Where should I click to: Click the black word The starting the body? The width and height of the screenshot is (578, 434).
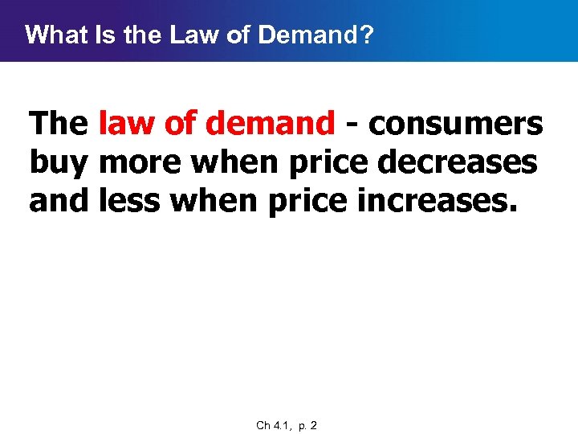click(x=59, y=125)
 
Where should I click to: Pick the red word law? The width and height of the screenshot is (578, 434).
click(x=124, y=125)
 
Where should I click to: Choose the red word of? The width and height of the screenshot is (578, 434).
click(x=177, y=125)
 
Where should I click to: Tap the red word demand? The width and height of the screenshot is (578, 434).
click(x=270, y=125)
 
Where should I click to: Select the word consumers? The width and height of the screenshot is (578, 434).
click(x=456, y=125)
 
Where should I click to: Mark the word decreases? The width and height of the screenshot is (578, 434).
click(x=458, y=163)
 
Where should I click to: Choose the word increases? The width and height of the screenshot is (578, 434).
click(x=434, y=201)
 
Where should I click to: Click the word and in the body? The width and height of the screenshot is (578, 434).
click(x=59, y=201)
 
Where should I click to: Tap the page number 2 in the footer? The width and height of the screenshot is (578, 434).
click(x=314, y=425)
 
